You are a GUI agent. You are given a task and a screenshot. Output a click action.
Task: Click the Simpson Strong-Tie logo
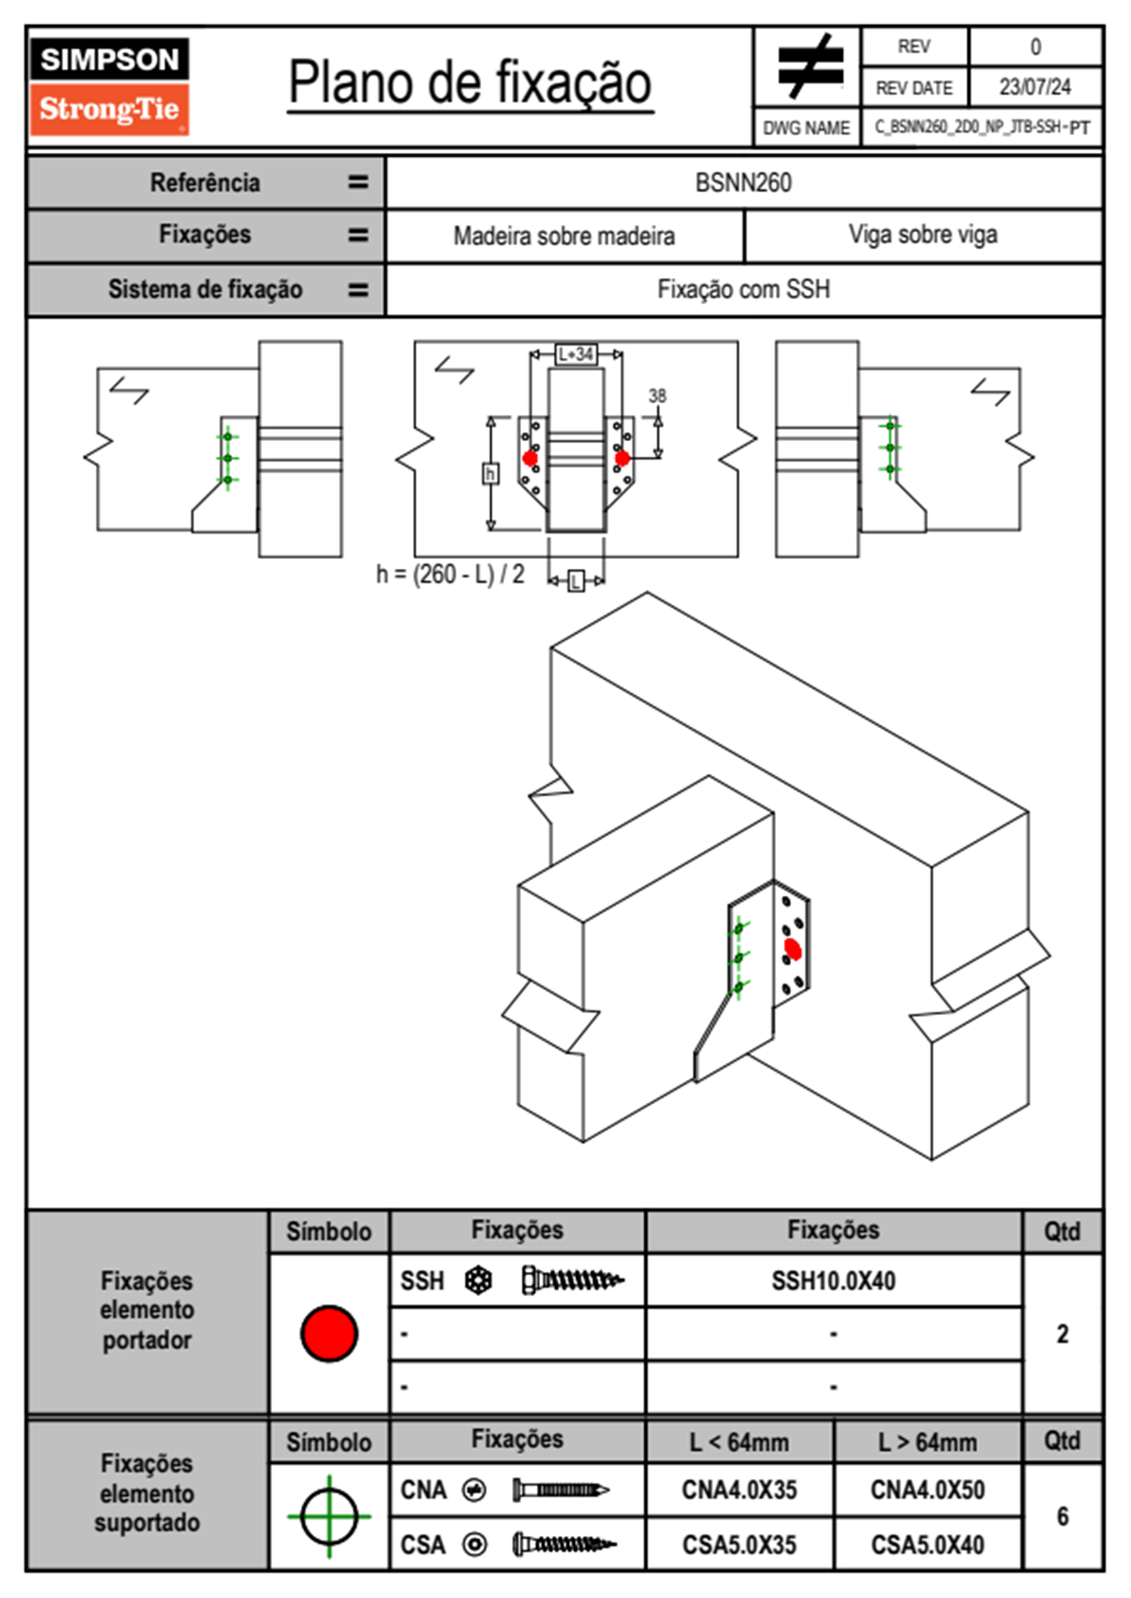tap(109, 86)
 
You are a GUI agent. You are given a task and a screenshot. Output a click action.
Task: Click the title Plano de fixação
tap(470, 83)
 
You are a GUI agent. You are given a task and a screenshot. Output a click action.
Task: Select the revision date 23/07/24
tap(1034, 87)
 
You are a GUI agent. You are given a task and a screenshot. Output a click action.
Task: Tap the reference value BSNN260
tap(743, 182)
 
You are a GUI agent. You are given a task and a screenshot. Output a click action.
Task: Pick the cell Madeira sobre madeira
tap(564, 236)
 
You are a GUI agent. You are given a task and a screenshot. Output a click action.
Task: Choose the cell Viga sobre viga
tap(923, 235)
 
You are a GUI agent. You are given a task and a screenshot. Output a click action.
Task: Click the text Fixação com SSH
tap(743, 289)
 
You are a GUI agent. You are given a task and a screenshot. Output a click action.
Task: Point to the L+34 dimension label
tap(576, 354)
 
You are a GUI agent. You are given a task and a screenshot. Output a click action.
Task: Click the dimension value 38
tap(658, 395)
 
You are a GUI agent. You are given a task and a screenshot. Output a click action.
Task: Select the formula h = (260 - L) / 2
tap(450, 574)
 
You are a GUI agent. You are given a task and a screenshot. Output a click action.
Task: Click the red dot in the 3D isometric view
tap(793, 949)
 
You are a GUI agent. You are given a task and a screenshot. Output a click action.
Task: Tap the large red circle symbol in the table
tap(329, 1333)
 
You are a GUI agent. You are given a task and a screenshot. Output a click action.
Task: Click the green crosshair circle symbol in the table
tap(329, 1516)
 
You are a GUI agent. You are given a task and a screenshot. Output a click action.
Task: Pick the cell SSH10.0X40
tap(834, 1281)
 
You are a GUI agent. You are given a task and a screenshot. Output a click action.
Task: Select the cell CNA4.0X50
tap(928, 1490)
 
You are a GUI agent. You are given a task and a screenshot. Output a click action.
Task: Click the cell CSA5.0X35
tap(739, 1545)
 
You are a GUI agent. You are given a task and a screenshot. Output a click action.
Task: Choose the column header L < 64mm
tap(739, 1442)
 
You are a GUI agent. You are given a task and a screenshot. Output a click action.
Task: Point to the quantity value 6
tap(1063, 1516)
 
